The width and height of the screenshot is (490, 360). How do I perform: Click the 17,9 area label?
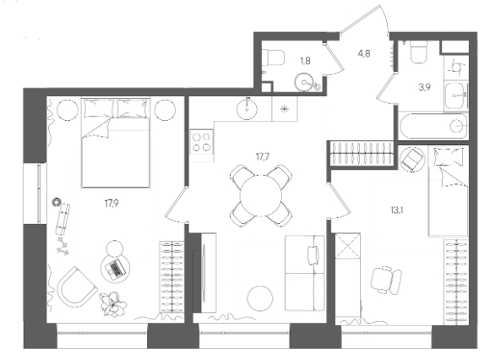[x=112, y=204]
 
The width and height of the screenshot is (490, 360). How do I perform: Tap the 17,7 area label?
[x=263, y=156]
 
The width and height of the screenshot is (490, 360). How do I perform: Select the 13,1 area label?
[x=397, y=210]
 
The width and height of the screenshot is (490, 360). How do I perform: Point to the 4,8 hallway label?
[x=364, y=53]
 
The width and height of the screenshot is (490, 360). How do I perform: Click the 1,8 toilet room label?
[x=305, y=61]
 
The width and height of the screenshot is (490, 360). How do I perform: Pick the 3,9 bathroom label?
[x=425, y=87]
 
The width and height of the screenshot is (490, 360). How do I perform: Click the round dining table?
[x=261, y=195]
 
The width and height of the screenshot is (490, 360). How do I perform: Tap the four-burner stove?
[x=202, y=142]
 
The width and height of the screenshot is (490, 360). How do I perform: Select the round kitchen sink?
[x=248, y=109]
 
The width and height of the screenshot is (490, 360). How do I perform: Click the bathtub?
[x=433, y=126]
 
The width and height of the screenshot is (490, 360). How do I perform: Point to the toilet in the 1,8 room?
[x=274, y=57]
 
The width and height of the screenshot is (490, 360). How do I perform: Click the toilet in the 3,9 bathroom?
[x=418, y=52]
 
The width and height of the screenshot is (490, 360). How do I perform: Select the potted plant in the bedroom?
[x=113, y=303]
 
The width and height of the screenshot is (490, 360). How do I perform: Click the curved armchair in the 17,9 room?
[x=77, y=286]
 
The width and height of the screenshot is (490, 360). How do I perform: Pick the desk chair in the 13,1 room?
[x=386, y=281]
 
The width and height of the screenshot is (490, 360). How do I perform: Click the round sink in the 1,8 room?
[x=306, y=83]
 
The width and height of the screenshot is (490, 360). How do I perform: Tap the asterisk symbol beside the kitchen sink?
[x=284, y=109]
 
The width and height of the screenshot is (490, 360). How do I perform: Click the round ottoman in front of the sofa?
[x=260, y=298]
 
